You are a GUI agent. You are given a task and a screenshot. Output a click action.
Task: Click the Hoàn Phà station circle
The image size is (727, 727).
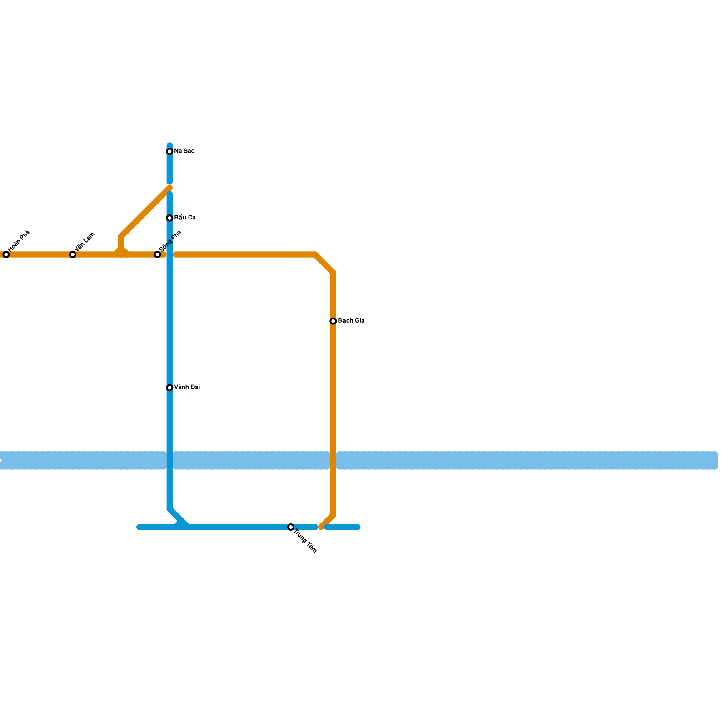click(6, 254)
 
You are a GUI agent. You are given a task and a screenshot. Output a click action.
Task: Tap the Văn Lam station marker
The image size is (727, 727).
click(73, 254)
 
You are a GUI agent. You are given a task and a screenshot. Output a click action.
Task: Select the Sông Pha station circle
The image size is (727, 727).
click(158, 254)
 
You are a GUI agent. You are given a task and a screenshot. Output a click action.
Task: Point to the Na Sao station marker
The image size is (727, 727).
click(169, 151)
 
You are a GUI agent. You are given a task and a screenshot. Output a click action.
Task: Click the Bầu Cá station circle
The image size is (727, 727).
click(169, 218)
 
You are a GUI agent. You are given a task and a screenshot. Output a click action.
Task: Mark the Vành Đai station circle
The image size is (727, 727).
click(169, 388)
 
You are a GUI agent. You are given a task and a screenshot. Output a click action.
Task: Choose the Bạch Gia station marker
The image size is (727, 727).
click(333, 321)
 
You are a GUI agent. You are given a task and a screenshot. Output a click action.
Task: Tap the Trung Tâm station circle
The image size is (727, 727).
click(291, 527)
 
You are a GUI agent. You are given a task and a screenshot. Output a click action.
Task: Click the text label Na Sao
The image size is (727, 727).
click(184, 151)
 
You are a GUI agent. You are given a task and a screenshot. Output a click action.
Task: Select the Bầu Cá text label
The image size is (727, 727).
click(185, 218)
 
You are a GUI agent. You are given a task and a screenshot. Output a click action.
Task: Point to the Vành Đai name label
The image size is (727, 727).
click(187, 388)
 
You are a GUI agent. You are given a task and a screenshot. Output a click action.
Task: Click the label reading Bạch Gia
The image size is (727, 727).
click(351, 321)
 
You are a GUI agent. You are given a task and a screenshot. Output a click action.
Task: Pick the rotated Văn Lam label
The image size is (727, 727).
click(85, 242)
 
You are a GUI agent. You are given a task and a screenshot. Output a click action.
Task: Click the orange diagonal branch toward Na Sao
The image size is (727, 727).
click(145, 212)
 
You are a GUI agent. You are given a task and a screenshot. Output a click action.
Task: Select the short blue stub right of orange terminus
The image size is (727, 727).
click(343, 527)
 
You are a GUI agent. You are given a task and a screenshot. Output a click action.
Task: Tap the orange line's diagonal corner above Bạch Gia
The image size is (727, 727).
click(324, 263)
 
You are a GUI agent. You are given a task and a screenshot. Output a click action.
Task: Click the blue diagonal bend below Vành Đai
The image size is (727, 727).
click(178, 518)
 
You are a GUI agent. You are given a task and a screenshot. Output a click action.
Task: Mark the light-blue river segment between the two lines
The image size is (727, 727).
click(251, 460)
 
